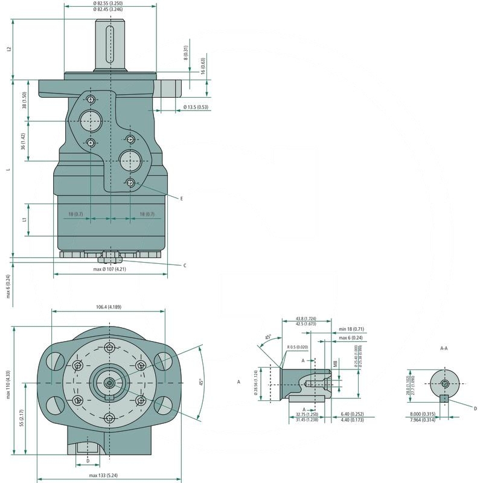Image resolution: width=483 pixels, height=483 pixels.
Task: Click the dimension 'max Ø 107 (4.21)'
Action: (110, 269)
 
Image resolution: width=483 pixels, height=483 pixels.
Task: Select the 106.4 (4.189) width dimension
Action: (108, 307)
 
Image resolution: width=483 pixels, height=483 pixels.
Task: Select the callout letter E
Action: (181, 198)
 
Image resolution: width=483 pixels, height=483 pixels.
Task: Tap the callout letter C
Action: (184, 265)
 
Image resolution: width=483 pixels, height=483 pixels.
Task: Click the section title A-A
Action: (444, 348)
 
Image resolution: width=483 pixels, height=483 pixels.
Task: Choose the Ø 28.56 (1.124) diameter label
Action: (256, 383)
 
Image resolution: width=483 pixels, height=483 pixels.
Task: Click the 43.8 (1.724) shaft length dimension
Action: (306, 318)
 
